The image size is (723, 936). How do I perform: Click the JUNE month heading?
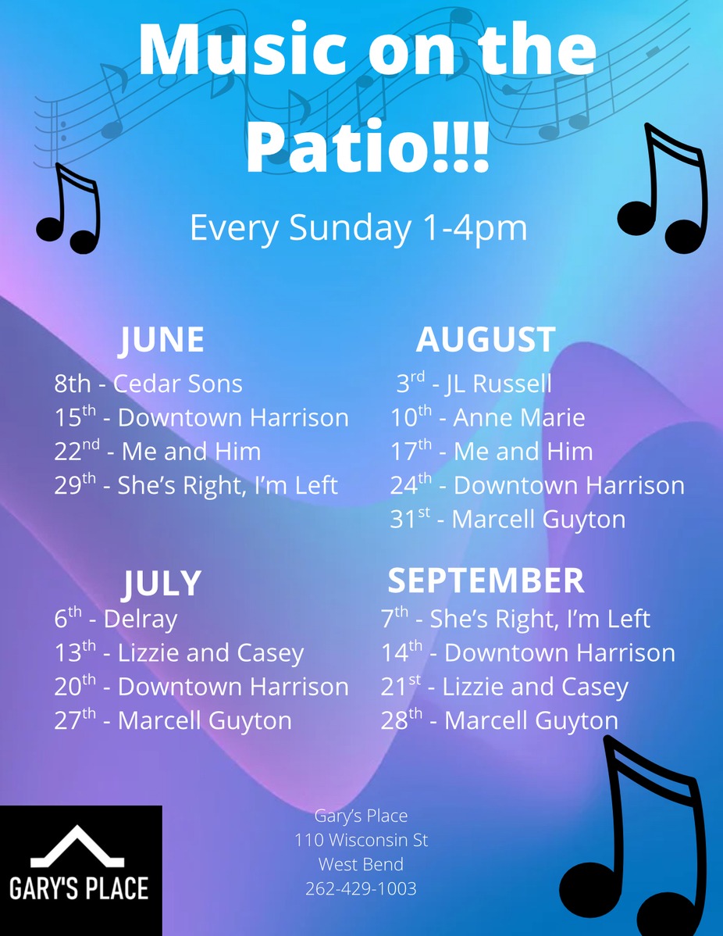(162, 340)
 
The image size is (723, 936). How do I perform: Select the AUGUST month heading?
(486, 339)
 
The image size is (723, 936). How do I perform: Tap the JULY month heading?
(162, 583)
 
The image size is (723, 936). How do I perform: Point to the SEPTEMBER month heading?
(486, 581)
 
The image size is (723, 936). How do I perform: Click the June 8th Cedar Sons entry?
(148, 384)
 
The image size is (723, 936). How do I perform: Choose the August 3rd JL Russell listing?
(474, 383)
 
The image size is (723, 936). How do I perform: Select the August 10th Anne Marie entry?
(487, 416)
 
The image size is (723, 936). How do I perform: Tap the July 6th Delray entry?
(116, 619)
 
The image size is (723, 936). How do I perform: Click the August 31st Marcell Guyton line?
(508, 519)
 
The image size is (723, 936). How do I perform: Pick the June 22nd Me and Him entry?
(158, 451)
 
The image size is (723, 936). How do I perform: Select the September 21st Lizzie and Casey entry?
(504, 687)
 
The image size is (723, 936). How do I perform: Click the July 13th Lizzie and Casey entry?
(179, 652)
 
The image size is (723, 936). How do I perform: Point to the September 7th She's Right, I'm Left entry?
(515, 619)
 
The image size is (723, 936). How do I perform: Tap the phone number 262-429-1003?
(361, 889)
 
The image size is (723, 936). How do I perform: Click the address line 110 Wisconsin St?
(361, 840)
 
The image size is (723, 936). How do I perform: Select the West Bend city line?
(361, 864)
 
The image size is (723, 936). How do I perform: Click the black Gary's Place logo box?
(81, 870)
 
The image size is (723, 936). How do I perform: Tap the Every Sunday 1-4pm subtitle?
(358, 227)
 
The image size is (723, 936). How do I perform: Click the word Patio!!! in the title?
(368, 146)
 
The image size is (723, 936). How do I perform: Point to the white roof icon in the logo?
(77, 846)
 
